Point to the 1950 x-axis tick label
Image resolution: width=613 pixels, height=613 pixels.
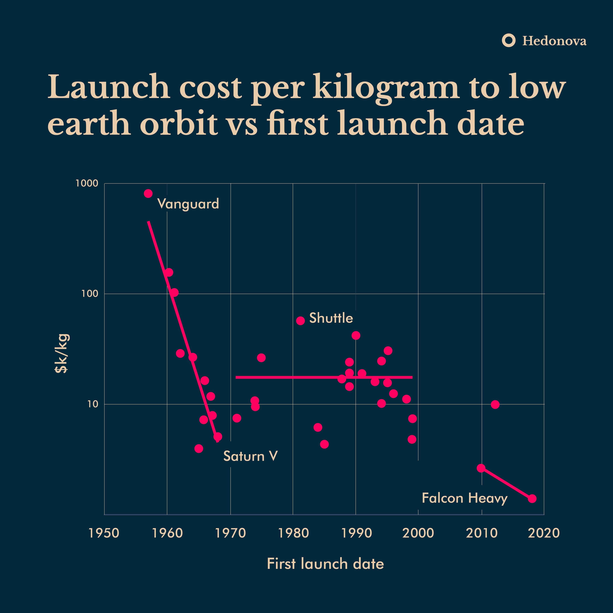coord(104,533)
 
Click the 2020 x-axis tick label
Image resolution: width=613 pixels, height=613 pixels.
coord(544,533)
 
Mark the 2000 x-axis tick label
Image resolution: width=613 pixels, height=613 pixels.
coord(418,533)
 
